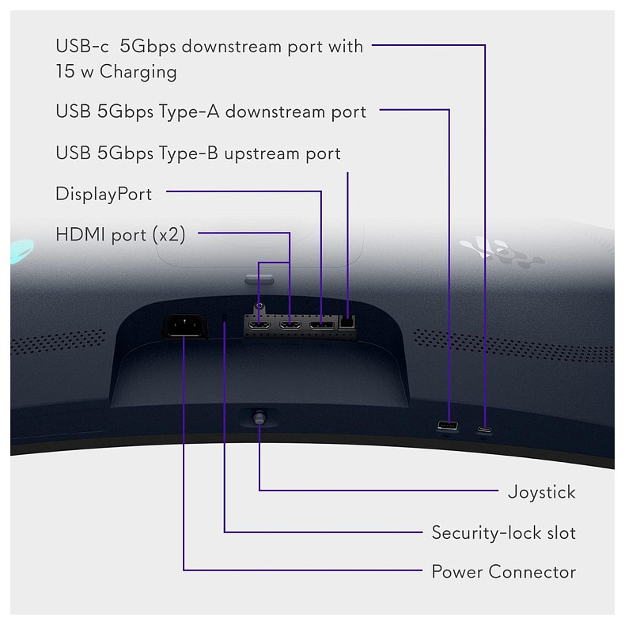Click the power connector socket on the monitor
(184, 326)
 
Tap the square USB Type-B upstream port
(347, 322)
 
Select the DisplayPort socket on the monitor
(322, 325)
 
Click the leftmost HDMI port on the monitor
(259, 325)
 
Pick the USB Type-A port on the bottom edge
(448, 426)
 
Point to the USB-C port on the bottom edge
(484, 430)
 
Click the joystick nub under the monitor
(259, 419)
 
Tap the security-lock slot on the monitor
(225, 318)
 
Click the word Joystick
(542, 493)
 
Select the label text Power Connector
(504, 571)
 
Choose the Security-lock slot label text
(504, 532)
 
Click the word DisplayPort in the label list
(104, 195)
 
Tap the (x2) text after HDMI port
(169, 234)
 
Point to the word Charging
(138, 73)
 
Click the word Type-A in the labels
(189, 112)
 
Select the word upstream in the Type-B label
(262, 153)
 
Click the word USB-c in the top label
(82, 46)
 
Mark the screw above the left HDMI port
(259, 306)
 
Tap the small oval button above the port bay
(259, 279)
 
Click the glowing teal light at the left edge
(21, 251)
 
